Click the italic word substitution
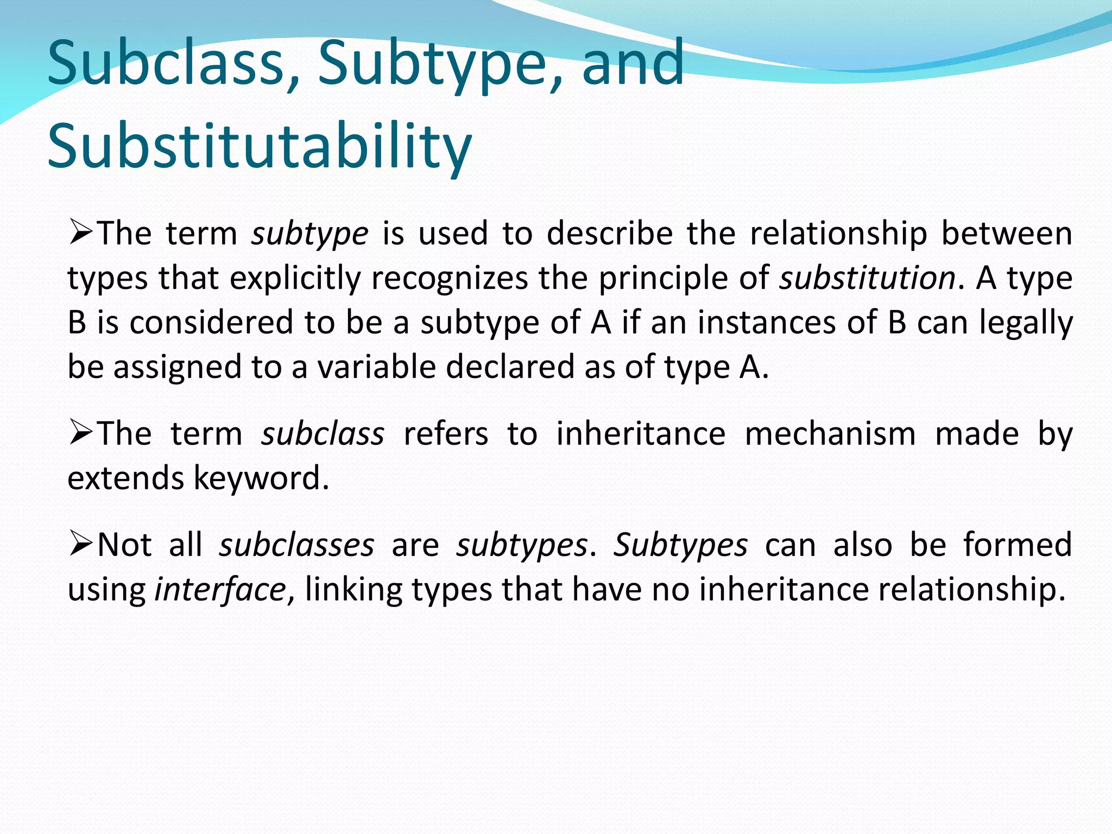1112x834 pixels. tap(867, 279)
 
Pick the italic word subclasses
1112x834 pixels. tap(296, 545)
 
